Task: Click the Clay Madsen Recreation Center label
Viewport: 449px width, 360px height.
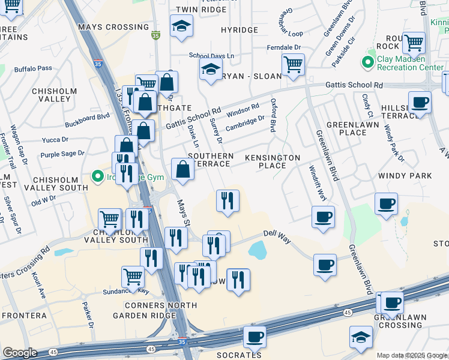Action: [409, 64]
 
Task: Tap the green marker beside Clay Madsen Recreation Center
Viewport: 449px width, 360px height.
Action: [367, 62]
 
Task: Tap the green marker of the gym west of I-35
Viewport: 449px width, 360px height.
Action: [96, 176]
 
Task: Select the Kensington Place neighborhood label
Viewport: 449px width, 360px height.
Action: [273, 161]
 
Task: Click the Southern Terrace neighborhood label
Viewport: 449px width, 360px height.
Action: [210, 160]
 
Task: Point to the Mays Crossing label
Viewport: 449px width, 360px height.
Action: [113, 27]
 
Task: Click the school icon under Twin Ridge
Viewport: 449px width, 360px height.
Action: [181, 26]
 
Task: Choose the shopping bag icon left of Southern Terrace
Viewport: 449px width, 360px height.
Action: [182, 169]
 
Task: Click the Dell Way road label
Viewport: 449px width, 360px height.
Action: [277, 238]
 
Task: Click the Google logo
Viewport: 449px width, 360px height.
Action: [20, 352]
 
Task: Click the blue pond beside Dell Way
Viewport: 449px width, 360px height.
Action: [257, 250]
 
